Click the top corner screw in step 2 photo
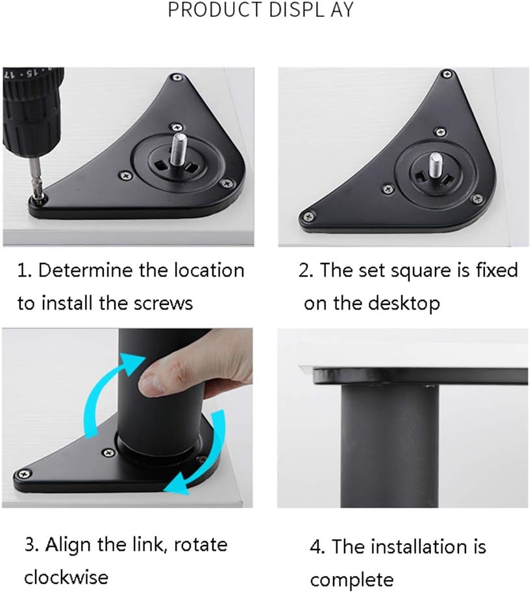[x=446, y=75]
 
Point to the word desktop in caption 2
[x=405, y=303]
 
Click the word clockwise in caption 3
[x=66, y=577]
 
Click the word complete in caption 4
[x=352, y=579]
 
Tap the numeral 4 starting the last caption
[x=316, y=547]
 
